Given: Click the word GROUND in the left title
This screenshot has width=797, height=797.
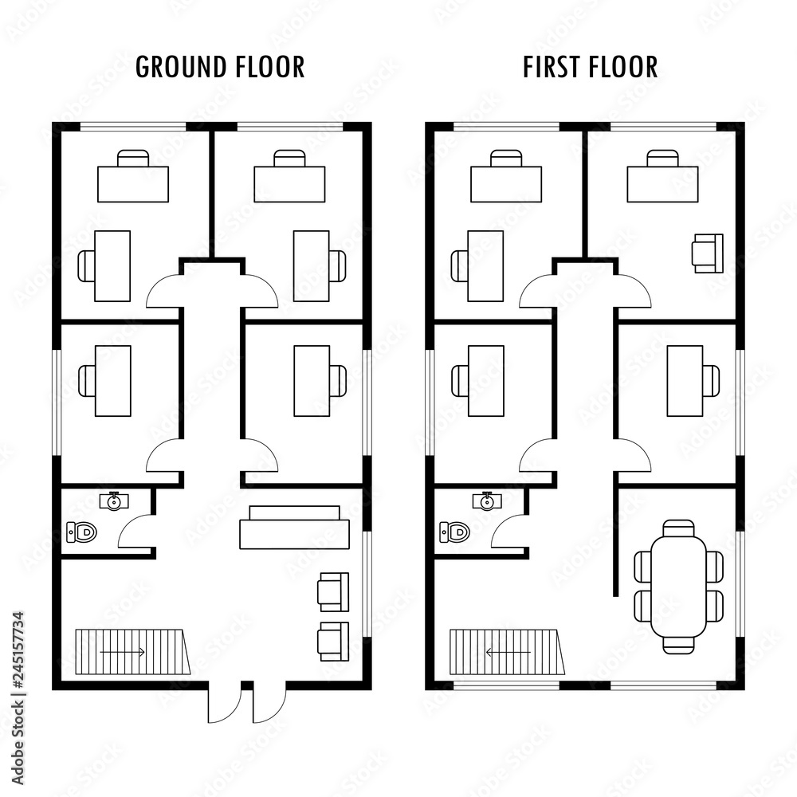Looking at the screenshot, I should click(176, 67).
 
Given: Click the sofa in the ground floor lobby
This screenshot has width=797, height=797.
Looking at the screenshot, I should click(295, 527).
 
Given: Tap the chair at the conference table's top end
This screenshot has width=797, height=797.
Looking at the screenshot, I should click(678, 528).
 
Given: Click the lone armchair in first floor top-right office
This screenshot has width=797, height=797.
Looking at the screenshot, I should click(708, 253).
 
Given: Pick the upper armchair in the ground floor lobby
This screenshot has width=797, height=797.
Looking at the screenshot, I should click(332, 591).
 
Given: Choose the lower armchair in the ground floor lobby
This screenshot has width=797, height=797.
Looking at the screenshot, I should click(332, 641).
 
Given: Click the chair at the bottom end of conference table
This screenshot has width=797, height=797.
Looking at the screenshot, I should click(678, 645).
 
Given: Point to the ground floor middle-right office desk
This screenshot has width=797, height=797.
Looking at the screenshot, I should click(312, 380).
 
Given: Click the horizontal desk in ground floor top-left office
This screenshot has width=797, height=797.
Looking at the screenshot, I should click(133, 183).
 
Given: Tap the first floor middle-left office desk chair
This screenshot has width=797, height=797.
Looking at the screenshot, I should click(459, 380).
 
